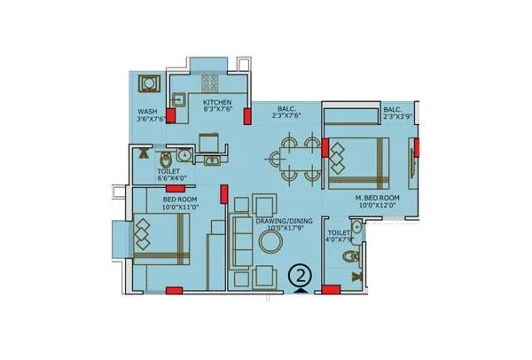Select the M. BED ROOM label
(x=378, y=197)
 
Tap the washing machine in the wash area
(x=149, y=86)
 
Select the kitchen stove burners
(x=210, y=84)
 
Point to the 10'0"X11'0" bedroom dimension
(x=180, y=208)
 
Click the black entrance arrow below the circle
(x=302, y=289)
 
